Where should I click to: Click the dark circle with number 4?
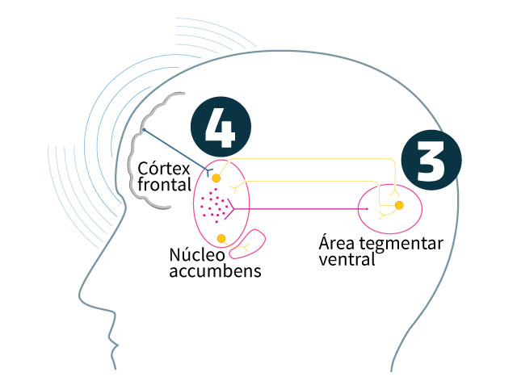[221, 127]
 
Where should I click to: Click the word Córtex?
[163, 170]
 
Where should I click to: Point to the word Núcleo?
[195, 255]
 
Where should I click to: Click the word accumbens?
[215, 271]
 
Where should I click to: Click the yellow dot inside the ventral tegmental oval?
[399, 207]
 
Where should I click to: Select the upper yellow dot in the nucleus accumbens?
[216, 178]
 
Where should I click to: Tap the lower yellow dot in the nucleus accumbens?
[221, 238]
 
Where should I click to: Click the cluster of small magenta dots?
[213, 207]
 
